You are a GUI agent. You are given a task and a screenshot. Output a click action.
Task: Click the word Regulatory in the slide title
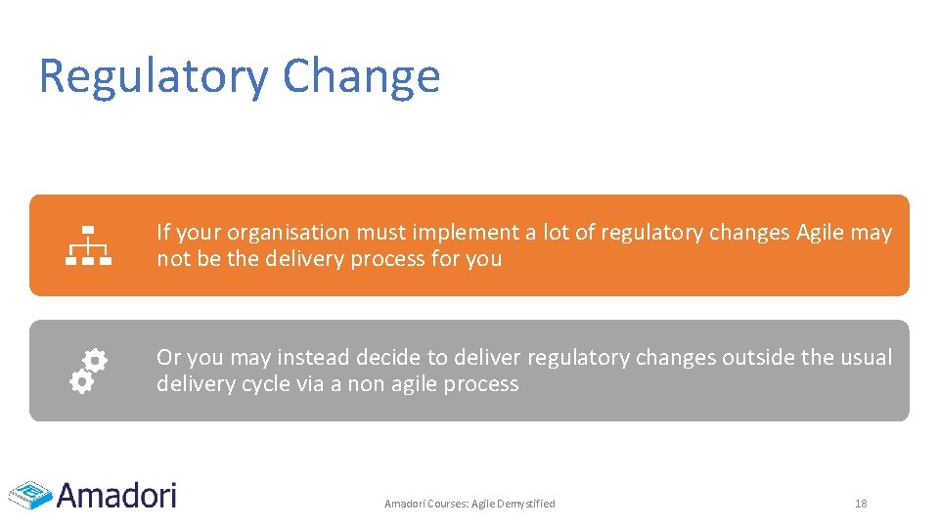point(153,76)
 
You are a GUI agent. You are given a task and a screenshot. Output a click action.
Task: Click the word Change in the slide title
point(361,76)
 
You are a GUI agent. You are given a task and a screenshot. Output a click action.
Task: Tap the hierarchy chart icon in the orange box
point(89,245)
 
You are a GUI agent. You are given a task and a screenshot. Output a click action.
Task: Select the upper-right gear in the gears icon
point(95,361)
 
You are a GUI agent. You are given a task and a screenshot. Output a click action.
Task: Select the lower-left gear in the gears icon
point(81,382)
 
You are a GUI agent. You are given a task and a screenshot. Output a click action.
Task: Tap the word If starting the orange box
point(163,233)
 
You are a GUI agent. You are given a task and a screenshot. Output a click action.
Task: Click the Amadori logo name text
point(116,495)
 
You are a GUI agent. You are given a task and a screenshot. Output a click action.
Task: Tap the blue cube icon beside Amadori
point(30,495)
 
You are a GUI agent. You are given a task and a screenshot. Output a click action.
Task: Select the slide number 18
point(861,504)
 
